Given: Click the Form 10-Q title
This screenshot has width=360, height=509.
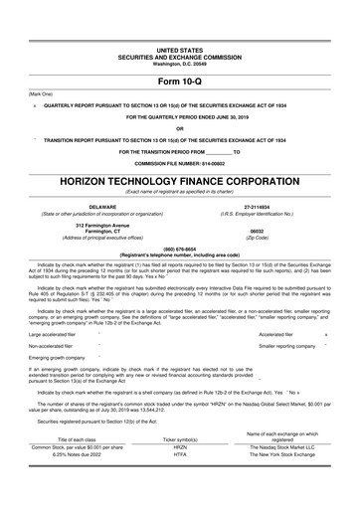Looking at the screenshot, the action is click(x=179, y=82).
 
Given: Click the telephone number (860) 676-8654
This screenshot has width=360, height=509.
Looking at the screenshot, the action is click(x=179, y=250).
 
